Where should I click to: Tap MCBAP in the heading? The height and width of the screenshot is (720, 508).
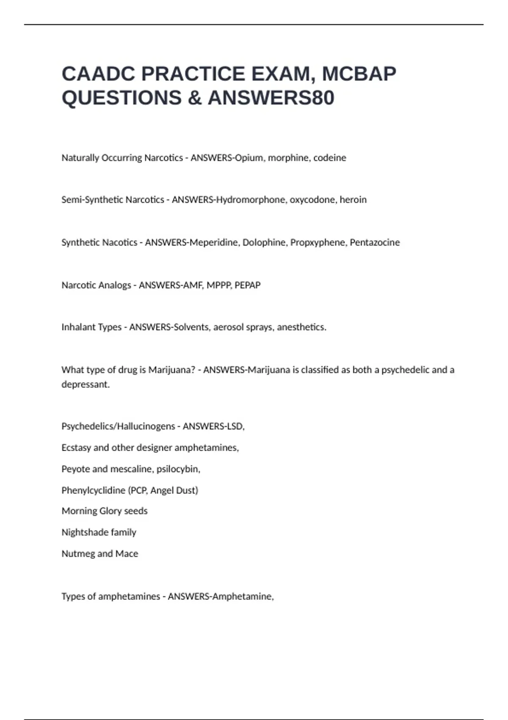coord(359,74)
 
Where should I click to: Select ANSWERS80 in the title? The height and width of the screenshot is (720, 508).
coord(271,98)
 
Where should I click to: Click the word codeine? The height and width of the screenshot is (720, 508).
coord(329,158)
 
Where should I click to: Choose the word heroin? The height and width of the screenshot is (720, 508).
coord(353,200)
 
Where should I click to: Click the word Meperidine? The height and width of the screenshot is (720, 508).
coord(214,243)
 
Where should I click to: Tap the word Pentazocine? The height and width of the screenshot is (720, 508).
coord(375,243)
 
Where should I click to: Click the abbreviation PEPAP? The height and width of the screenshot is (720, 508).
coord(248,285)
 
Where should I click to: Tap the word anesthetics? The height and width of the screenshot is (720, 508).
coord(301,327)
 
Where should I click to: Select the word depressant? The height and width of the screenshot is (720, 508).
coord(85,385)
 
